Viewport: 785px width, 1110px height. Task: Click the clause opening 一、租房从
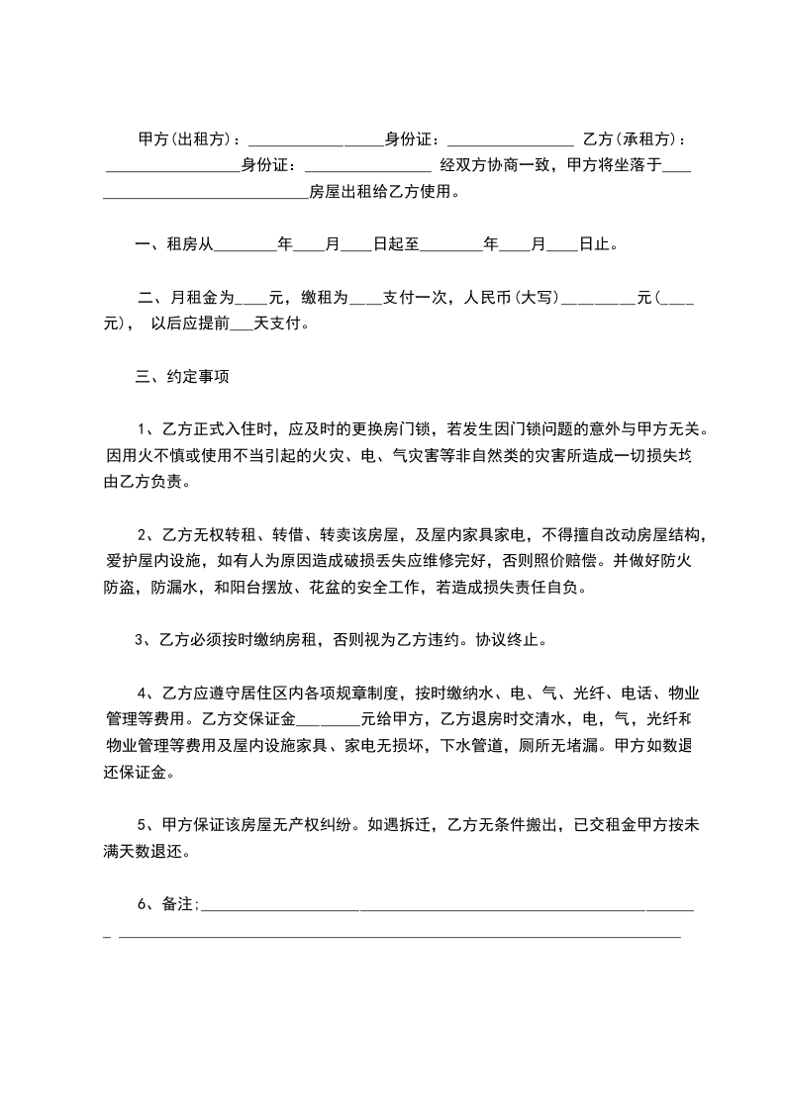(x=173, y=242)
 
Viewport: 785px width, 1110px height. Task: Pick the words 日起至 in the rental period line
(x=395, y=242)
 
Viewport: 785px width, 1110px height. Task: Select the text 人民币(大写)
(x=511, y=297)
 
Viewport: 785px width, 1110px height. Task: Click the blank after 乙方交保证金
(x=326, y=718)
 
